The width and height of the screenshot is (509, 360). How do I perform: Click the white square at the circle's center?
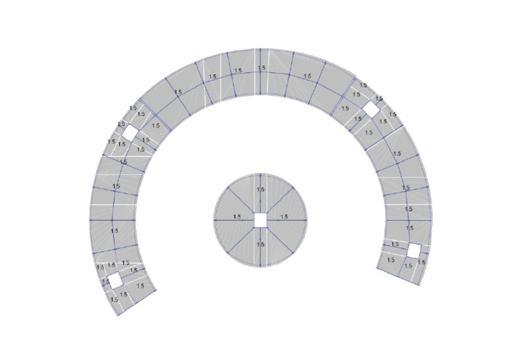coord(260,220)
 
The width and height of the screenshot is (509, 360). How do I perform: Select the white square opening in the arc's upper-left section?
coord(130,133)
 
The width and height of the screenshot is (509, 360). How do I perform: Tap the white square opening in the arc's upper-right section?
coord(371,109)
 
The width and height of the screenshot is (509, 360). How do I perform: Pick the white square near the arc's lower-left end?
coord(115,281)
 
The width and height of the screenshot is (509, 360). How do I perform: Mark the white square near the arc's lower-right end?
coord(414,251)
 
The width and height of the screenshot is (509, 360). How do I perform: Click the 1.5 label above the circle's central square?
coord(260,189)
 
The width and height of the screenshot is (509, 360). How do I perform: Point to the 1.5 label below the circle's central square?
coord(260,244)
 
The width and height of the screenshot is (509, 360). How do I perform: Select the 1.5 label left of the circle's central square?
coord(237,217)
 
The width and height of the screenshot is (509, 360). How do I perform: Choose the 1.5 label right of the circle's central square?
coord(284,217)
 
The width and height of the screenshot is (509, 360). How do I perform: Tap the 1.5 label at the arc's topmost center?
coord(262,68)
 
